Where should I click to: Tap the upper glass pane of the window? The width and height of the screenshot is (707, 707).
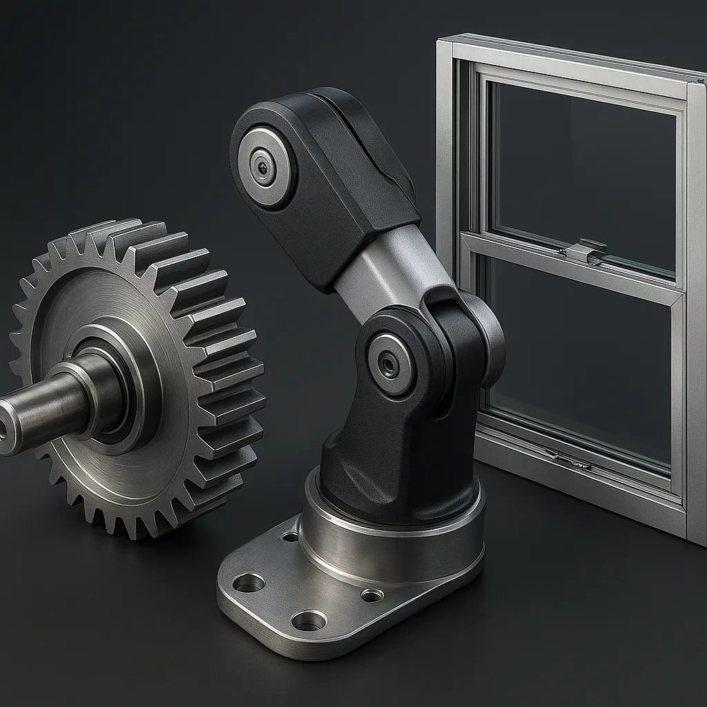pos(583,166)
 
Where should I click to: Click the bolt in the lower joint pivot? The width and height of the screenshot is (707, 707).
pos(389,365)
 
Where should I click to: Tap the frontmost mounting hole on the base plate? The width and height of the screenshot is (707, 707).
pos(308,620)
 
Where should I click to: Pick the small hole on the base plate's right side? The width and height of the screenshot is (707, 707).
pos(372,594)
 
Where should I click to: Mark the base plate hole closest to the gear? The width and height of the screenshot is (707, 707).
pos(249,583)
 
